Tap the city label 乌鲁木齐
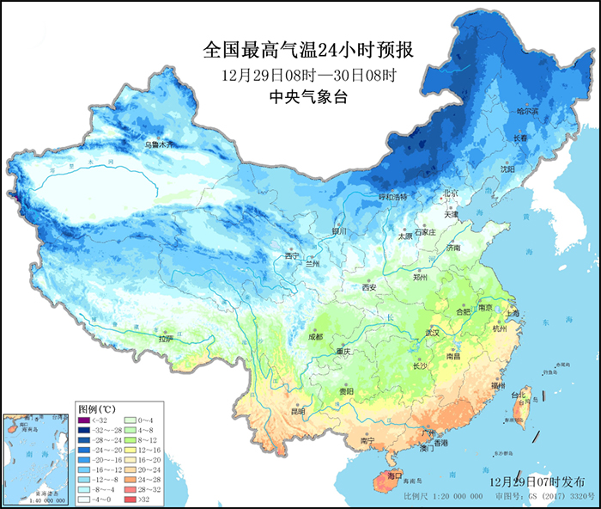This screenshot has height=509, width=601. point(158,145)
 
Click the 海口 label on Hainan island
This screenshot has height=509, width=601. point(395,475)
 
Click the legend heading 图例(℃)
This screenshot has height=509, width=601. point(96,408)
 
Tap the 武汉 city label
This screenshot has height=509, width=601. point(433,332)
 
